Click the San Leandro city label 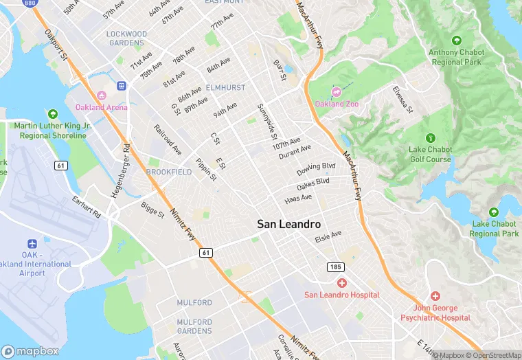point(288,224)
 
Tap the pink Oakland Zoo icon point(337,92)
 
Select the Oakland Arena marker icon point(102,95)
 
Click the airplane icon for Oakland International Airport point(32,245)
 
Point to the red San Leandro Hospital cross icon point(341,283)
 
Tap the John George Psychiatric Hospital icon point(435,295)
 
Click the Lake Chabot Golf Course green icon point(430,137)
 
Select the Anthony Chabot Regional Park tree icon point(457,41)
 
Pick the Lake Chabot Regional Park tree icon point(494,213)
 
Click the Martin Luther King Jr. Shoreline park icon point(52,114)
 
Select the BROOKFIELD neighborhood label point(168,172)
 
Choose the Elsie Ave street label point(328,235)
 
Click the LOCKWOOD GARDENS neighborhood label point(126,38)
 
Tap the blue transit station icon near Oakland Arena point(122,86)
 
